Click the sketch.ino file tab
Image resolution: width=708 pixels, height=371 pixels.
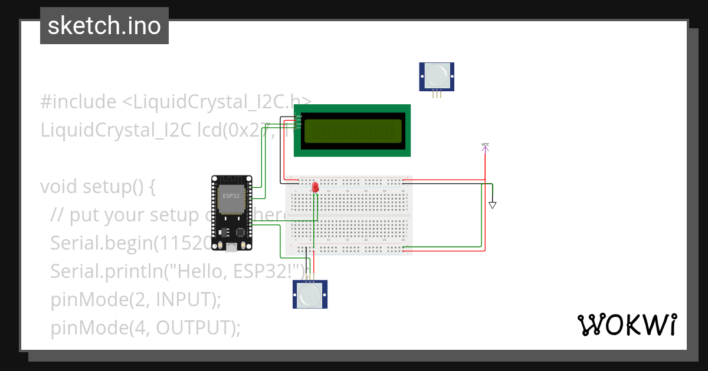pos(104,26)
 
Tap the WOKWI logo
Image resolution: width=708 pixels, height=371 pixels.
pos(626,325)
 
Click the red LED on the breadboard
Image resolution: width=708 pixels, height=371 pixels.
pos(315,187)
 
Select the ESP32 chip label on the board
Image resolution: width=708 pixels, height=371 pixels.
pos(231,195)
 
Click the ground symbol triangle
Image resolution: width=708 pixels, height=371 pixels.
pos(492,205)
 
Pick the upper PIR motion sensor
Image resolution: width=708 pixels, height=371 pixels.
pos(437,77)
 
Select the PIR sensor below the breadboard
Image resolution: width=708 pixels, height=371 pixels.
pos(310,294)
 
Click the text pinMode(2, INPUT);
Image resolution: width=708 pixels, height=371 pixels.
pos(135,300)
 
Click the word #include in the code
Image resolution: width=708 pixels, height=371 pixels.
pos(78,102)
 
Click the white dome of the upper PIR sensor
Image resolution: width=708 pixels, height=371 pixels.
pos(437,75)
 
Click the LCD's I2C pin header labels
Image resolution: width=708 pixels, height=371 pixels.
pos(299,121)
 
